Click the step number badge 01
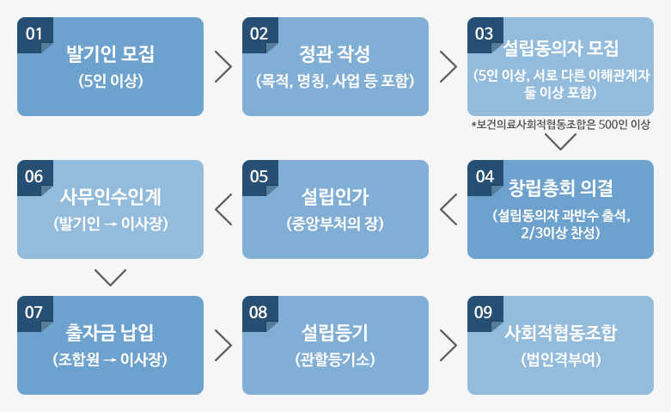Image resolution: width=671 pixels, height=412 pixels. (35, 34)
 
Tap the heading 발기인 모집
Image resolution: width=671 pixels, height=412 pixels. (111, 54)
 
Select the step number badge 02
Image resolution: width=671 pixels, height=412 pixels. (260, 34)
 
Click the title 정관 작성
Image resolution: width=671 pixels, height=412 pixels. (335, 54)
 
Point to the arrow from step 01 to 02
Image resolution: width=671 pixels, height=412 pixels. (223, 67)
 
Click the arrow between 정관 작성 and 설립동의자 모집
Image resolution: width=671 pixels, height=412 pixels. (448, 67)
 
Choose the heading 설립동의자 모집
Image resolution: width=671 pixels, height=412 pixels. (560, 48)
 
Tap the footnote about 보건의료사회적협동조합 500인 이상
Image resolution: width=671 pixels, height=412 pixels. (560, 125)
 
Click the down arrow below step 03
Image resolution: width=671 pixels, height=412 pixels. (560, 142)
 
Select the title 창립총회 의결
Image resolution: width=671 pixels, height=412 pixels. (560, 188)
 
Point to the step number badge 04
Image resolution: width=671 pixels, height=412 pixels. (485, 177)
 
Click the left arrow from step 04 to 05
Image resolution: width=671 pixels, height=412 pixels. (448, 209)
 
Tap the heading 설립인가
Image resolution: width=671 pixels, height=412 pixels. (335, 197)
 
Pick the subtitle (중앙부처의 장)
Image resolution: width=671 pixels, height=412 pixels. (335, 224)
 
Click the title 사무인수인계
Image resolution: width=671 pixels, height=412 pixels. (111, 197)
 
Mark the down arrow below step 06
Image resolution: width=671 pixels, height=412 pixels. (111, 278)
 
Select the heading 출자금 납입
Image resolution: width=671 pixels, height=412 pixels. (110, 333)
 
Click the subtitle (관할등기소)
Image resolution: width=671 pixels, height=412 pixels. (335, 360)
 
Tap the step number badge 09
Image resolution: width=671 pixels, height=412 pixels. (485, 313)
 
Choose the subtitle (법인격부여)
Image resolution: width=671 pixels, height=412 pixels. (560, 360)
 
